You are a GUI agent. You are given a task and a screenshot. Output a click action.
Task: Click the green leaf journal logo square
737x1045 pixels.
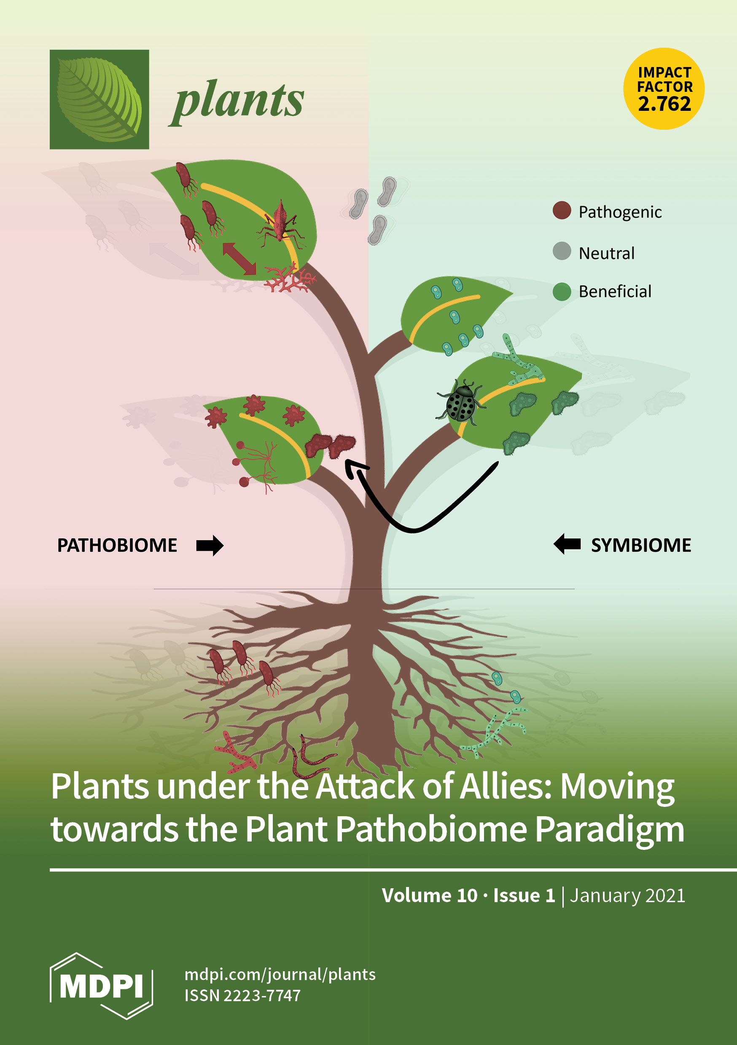pos(100,99)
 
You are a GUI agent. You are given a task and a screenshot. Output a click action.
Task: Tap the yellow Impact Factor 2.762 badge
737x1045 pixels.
pos(664,89)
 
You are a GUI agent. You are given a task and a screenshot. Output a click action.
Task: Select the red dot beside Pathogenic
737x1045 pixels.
pos(562,211)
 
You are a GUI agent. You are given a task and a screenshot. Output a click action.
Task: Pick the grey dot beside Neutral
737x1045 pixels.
pos(562,251)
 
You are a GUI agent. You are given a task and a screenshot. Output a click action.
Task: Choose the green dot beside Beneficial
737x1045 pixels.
pos(562,292)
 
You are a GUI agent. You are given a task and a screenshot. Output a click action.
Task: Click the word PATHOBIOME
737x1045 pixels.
pos(117,545)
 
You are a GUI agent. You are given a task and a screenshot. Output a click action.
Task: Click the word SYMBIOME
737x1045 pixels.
pos(641,545)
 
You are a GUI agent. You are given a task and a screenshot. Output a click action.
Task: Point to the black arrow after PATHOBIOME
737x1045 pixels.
pos(210,545)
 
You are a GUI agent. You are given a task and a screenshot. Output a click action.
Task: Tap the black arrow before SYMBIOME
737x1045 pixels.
pos(567,544)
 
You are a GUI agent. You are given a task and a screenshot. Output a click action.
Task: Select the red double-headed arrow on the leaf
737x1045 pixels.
pos(239,259)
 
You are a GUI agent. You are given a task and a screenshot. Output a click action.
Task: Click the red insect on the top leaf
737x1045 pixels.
pos(280,223)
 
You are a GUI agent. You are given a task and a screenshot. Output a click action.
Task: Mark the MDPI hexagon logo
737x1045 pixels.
pos(101,986)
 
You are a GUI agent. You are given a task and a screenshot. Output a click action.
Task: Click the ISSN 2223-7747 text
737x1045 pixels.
pos(242,995)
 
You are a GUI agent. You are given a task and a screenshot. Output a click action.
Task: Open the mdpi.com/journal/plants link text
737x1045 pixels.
pos(280,975)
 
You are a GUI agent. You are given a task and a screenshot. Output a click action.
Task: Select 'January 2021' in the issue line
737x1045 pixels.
pos(627,895)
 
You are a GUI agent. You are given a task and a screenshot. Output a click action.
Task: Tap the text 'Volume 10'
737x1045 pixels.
pos(430,895)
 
